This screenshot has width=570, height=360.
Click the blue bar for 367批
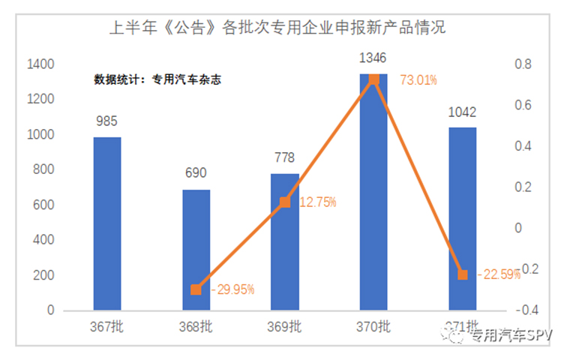coord(106,223)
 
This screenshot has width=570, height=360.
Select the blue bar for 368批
coord(196,249)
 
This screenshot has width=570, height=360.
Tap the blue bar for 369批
coord(285,241)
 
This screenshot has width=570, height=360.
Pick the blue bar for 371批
coord(463,218)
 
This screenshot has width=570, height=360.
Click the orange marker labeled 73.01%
coord(374,79)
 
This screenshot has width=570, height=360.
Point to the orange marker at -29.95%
coord(196,289)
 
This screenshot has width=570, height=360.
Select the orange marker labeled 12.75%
coord(285,202)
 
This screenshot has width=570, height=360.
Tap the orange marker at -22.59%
coord(463,274)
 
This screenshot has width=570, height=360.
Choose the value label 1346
coord(373,58)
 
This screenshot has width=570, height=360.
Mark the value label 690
coord(196,174)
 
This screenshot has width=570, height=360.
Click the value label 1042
coord(463,112)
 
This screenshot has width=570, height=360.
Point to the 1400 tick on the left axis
coord(40,64)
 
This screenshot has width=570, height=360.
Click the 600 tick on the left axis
coord(44,205)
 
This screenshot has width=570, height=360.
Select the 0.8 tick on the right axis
coord(523,64)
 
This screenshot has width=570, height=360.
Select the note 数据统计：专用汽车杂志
coord(157,78)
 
